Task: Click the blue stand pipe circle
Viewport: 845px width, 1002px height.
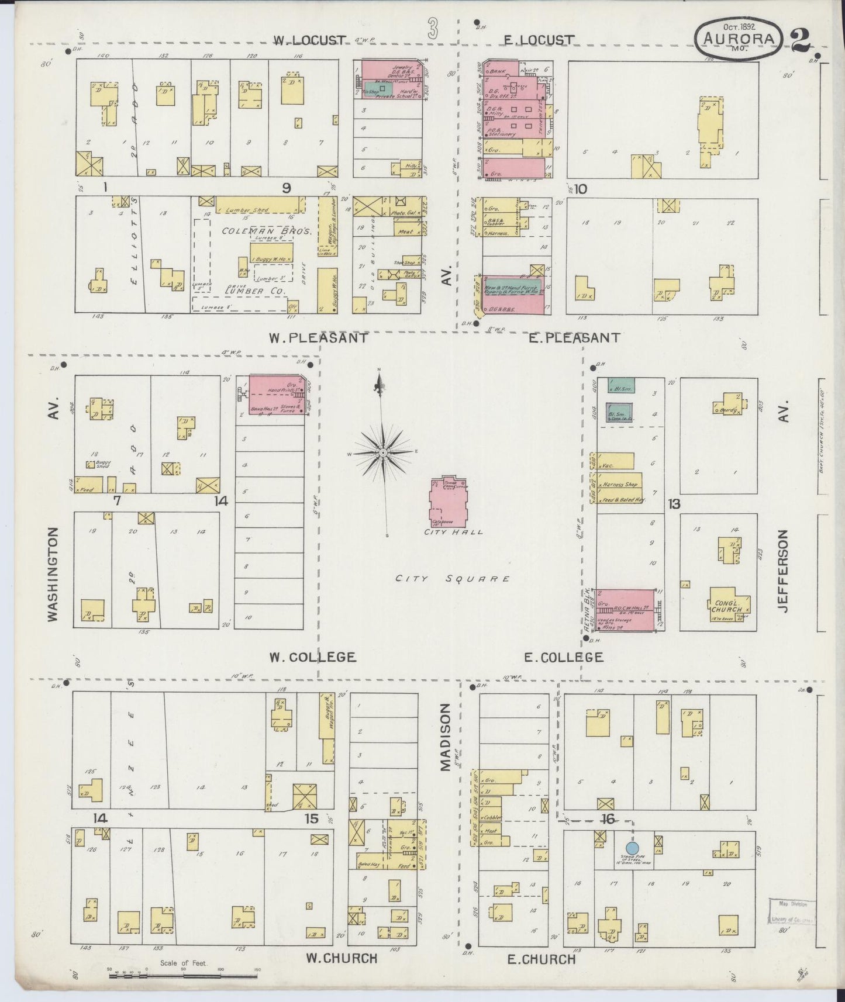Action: click(x=632, y=848)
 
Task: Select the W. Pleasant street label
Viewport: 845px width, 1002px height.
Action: click(x=318, y=338)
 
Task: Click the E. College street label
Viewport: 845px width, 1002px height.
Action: click(x=563, y=657)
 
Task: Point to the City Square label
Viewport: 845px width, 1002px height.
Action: click(x=452, y=579)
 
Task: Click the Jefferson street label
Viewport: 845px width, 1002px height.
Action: click(x=784, y=571)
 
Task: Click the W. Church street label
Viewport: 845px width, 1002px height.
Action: click(x=342, y=958)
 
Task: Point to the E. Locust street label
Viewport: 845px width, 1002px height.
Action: click(x=539, y=40)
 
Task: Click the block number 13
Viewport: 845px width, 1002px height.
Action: click(x=674, y=503)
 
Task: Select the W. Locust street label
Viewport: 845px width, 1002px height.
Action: click(x=311, y=40)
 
